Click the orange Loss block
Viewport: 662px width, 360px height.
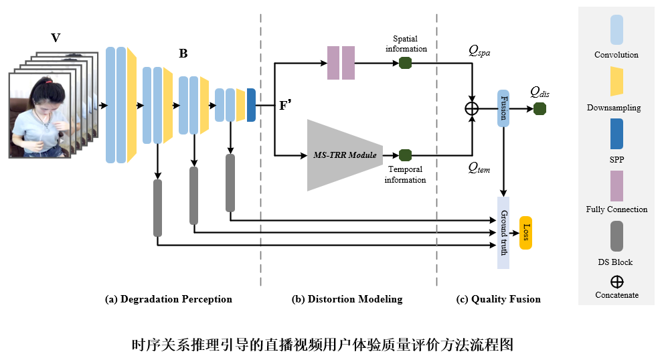525,233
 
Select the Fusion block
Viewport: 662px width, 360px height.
503,108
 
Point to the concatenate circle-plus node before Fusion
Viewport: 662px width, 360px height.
473,108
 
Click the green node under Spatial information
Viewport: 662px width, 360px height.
405,63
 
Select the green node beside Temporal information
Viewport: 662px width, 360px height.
405,155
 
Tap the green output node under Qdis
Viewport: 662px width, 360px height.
540,108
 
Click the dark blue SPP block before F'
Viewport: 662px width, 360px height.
251,105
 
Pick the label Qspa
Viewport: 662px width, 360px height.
479,50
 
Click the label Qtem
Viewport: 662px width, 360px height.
479,169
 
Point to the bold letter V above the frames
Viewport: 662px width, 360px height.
56,38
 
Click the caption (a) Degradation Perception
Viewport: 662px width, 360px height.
169,299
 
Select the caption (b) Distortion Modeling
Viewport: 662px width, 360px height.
347,299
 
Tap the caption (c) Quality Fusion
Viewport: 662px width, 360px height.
499,299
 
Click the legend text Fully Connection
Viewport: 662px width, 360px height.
616,209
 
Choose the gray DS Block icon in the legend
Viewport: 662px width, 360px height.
616,236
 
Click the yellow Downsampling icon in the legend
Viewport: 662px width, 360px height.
616,81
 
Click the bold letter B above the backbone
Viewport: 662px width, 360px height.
183,53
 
